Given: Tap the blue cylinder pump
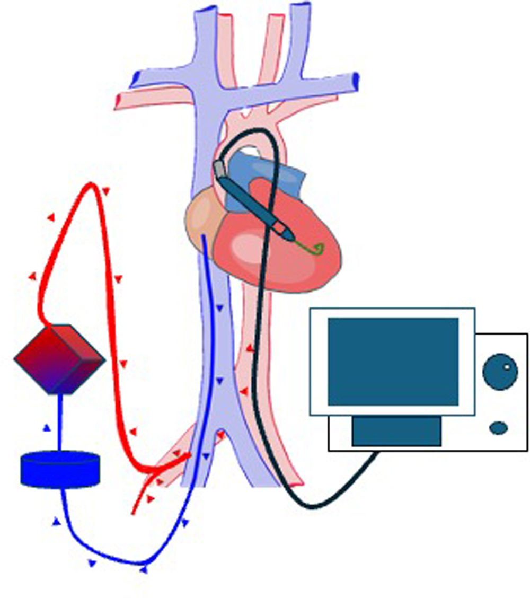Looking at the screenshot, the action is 60,469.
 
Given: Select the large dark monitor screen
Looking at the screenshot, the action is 393,362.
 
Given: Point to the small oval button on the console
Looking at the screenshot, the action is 499,428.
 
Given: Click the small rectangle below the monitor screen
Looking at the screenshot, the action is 396,430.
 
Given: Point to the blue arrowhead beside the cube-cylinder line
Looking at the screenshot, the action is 47,428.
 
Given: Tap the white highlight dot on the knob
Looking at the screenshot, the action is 507,367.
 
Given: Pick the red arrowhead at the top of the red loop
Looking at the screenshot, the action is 106,190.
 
